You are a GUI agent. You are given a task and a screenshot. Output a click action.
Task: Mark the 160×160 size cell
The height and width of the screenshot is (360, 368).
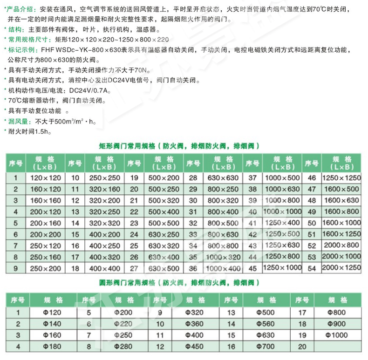(46, 200)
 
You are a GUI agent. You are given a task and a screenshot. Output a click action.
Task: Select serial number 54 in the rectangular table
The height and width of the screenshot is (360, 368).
(312, 268)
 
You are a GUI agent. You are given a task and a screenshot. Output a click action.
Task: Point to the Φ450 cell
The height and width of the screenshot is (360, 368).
(195, 346)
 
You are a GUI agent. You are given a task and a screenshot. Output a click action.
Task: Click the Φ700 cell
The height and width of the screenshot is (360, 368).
(266, 346)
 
